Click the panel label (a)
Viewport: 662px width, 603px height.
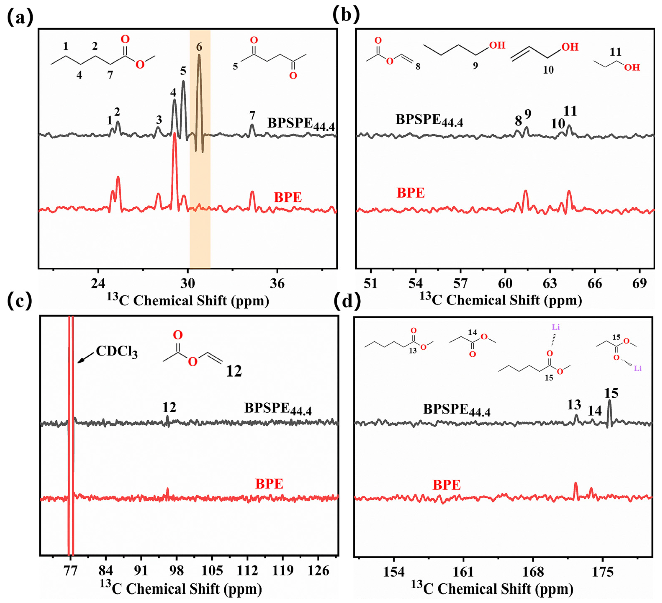tap(20, 17)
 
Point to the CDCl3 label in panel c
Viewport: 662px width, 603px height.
tap(117, 352)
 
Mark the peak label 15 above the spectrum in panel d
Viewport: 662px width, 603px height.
tap(611, 393)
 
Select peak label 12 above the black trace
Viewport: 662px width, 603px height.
tap(169, 407)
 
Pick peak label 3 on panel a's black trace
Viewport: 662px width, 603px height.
tap(159, 120)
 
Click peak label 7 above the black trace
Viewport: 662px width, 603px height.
tap(252, 115)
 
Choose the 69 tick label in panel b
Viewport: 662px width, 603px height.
tap(639, 283)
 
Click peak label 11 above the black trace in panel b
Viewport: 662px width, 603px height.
tap(570, 111)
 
